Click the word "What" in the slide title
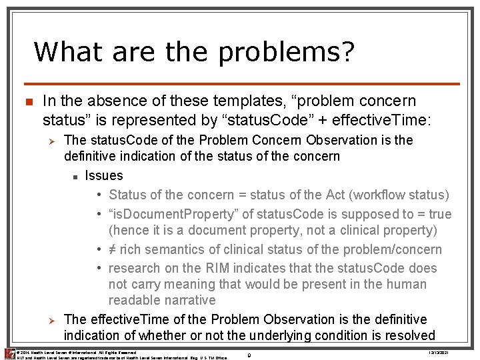tap(63, 51)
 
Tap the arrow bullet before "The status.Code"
tap(55, 141)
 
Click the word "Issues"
tap(105, 175)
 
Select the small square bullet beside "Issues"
tap(77, 177)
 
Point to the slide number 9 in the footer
tap(248, 355)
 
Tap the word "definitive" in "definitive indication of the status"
tap(93, 157)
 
